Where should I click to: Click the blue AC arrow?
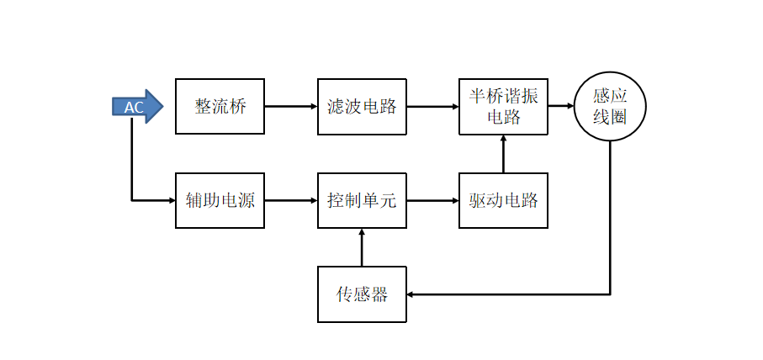pos(137,107)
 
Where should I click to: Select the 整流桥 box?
pos(220,107)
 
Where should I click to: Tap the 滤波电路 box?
pos(362,107)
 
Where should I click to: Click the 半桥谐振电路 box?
pos(503,107)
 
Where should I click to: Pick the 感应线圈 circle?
pos(610,107)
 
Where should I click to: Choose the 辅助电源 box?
pos(220,200)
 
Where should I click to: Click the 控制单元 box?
pos(362,200)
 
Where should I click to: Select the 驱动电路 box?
pos(503,200)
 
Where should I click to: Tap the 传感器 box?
pos(362,294)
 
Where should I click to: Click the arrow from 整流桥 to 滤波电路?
pos(291,107)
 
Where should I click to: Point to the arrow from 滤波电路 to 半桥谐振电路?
pos(432,107)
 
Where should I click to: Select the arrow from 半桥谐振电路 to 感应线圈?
pos(561,106)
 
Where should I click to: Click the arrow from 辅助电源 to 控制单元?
pos(291,200)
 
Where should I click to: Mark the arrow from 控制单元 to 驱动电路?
pos(432,200)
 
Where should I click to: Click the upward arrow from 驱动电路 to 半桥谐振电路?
pos(503,154)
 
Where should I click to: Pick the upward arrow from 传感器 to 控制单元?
pos(362,247)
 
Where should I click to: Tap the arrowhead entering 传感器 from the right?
pos(411,294)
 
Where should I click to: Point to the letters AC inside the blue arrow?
pos(134,108)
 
